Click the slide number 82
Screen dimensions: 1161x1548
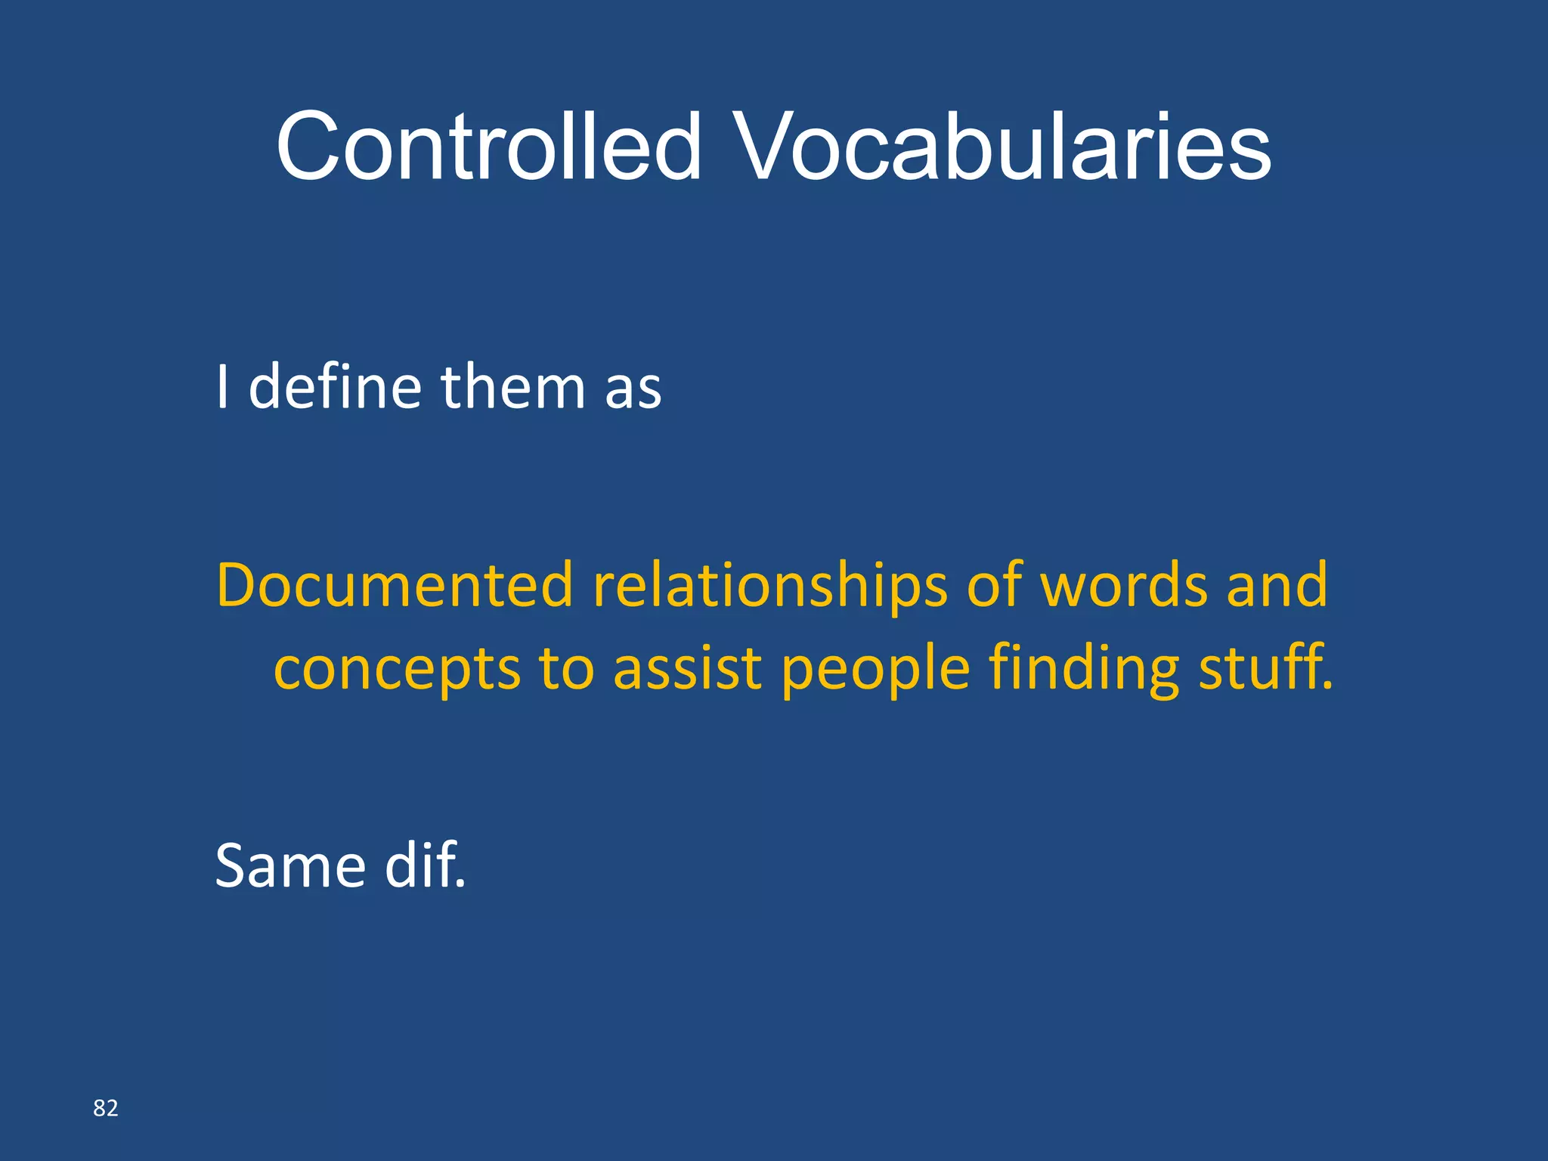pos(106,1108)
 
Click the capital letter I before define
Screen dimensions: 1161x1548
pos(222,386)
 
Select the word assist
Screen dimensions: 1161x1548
pos(687,668)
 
